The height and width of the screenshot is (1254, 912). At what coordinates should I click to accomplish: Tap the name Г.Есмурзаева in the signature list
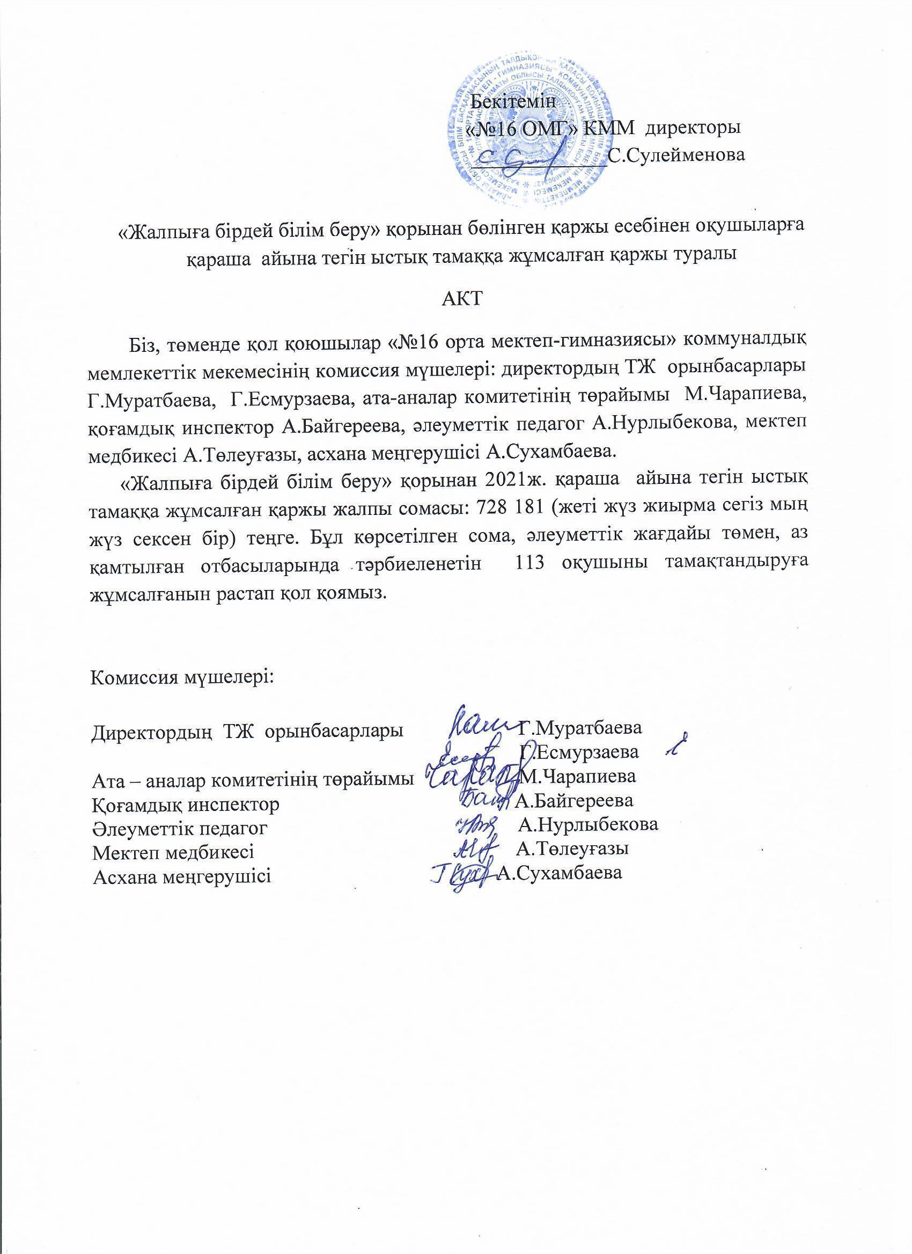coord(580,752)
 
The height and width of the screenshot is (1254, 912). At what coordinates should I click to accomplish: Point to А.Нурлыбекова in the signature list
coord(589,825)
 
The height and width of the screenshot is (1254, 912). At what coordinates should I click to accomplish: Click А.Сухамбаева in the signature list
coord(560,873)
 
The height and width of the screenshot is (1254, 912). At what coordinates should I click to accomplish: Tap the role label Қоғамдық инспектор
coord(185,803)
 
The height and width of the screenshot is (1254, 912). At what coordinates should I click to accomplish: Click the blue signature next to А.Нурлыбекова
coord(475,825)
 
